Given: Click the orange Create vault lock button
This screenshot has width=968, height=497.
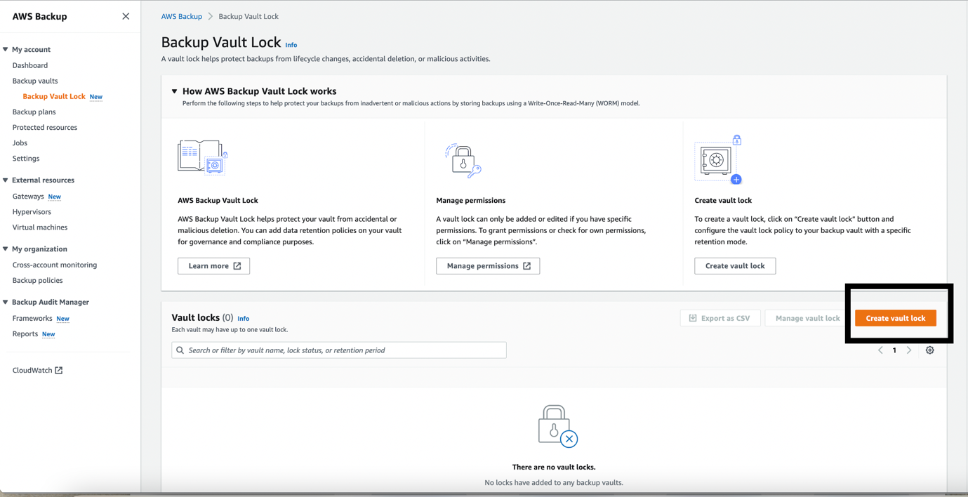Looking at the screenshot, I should (895, 318).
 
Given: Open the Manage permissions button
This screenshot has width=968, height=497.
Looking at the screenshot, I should (488, 266).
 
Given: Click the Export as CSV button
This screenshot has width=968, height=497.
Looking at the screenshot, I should (720, 318).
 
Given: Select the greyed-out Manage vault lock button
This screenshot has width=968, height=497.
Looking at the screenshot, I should (807, 318).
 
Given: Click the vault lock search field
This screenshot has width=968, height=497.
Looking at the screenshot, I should (339, 350).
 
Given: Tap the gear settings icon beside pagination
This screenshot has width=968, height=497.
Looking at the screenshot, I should (929, 350).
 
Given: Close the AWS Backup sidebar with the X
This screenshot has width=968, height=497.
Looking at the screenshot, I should (126, 16).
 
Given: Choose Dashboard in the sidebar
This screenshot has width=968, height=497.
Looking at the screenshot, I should (30, 65).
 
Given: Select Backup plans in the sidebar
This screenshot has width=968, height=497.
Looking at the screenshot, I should (34, 112).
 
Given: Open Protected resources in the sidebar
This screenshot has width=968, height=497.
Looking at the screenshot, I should (45, 127).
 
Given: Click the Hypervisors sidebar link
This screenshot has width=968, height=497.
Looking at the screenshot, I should (32, 211).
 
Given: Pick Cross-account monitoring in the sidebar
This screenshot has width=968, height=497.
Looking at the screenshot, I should (55, 265).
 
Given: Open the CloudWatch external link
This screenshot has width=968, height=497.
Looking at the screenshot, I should (37, 370).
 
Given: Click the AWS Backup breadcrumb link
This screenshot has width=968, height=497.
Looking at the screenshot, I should (181, 16).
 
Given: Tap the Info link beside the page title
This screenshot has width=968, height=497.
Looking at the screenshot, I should (291, 45).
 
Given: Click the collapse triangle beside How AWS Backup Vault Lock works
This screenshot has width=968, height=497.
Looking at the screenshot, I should (175, 91).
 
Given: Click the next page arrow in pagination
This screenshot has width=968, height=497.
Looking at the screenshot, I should (909, 350).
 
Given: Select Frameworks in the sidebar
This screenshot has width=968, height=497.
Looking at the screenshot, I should (32, 318).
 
